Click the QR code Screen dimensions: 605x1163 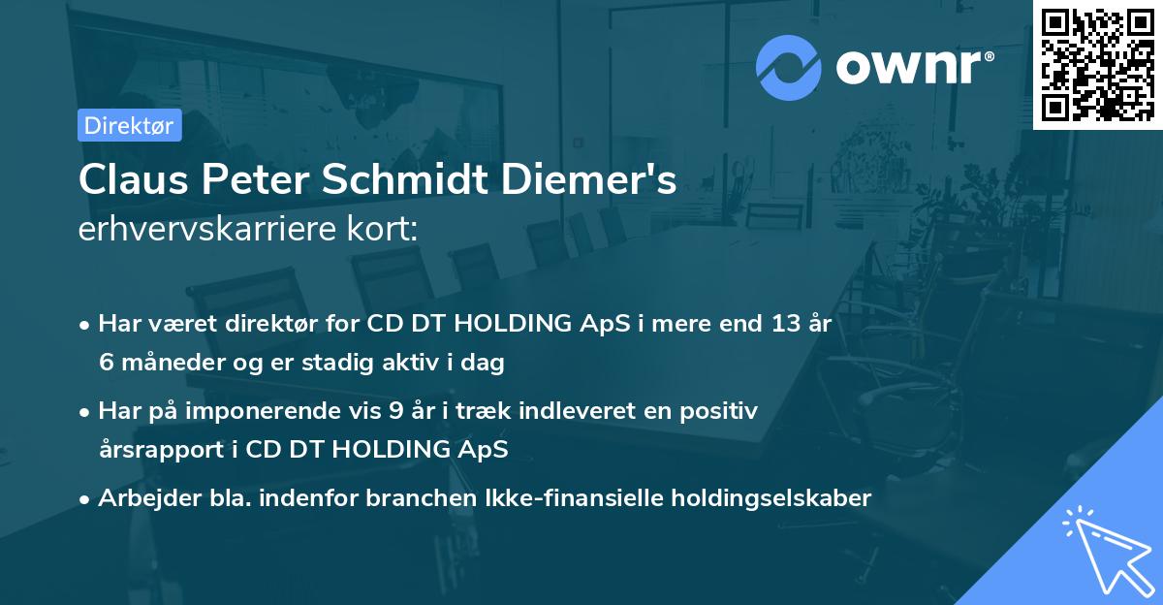point(1097,64)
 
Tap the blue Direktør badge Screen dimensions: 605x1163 point(129,125)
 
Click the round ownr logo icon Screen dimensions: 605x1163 point(788,68)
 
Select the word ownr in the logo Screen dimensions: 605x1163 point(912,68)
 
